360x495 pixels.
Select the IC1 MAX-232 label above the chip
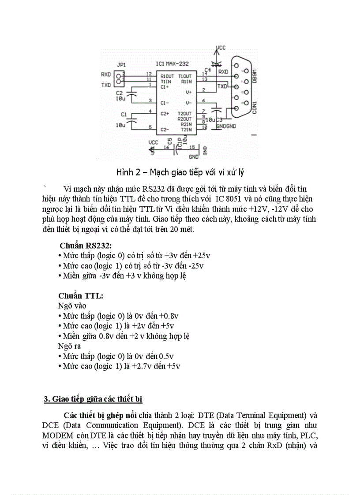(x=175, y=64)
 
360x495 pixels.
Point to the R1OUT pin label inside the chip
(x=166, y=76)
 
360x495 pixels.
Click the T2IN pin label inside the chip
(x=185, y=129)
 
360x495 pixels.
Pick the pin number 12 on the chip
(x=149, y=74)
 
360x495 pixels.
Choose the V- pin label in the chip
(x=189, y=103)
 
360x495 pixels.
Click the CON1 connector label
(x=255, y=108)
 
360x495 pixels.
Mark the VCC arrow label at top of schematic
(x=221, y=47)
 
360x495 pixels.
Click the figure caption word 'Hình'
(x=125, y=171)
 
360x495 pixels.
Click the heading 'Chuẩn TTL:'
(x=81, y=296)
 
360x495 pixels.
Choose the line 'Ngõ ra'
(x=69, y=346)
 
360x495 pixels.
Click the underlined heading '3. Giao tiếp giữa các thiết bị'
(x=93, y=399)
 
